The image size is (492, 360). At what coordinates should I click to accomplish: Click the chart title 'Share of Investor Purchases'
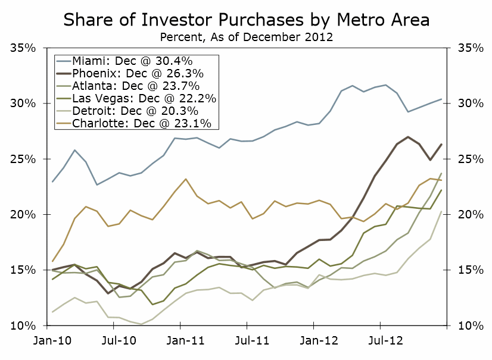[246, 20]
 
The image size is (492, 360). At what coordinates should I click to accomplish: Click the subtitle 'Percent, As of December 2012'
[246, 36]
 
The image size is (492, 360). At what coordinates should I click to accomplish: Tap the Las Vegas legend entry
[144, 99]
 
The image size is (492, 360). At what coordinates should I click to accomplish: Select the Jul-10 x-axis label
[118, 342]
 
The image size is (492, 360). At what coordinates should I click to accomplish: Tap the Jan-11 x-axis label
[185, 342]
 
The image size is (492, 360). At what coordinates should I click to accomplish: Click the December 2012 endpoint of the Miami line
[441, 99]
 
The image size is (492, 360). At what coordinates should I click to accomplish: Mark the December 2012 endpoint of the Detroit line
[441, 211]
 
